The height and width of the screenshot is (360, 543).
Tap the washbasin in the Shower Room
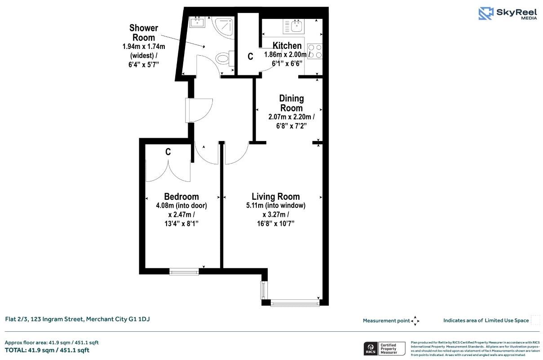pyautogui.click(x=198, y=22)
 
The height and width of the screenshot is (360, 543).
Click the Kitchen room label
pyautogui.click(x=287, y=45)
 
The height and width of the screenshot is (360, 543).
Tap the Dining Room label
pyautogui.click(x=291, y=103)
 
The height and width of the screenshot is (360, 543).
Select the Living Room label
pyautogui.click(x=275, y=197)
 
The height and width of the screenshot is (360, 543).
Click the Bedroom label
pyautogui.click(x=181, y=197)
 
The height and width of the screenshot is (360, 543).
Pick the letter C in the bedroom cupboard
pyautogui.click(x=168, y=152)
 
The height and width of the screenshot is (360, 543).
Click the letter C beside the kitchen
pyautogui.click(x=250, y=57)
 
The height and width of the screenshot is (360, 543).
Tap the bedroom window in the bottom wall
pyautogui.click(x=184, y=271)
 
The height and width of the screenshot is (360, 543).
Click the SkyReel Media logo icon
pyautogui.click(x=486, y=13)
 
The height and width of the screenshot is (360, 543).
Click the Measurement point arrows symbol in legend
pyautogui.click(x=415, y=320)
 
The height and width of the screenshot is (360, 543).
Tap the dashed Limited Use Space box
pyautogui.click(x=535, y=320)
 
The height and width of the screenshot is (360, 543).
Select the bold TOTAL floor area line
pyautogui.click(x=47, y=350)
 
